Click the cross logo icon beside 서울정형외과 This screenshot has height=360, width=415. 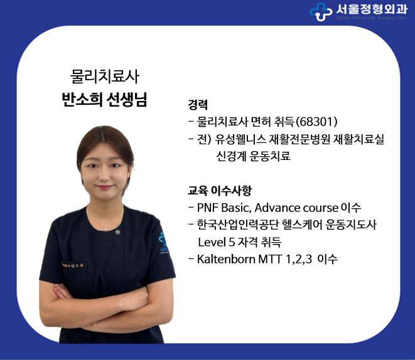pos(321,11)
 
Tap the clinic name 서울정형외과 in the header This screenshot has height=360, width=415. pos(372,9)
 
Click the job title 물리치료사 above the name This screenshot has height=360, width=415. pos(105,77)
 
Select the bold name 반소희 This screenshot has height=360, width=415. pos(82,100)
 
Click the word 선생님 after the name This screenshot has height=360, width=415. pos(127,100)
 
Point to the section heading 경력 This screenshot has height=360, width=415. pos(197,105)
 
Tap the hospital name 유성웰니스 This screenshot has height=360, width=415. pos(240,139)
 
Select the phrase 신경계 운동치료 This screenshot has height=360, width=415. pos(253,156)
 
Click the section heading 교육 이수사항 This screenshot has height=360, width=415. pos(220,190)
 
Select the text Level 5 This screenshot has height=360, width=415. pos(217,242)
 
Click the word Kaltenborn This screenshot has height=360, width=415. pos(226,259)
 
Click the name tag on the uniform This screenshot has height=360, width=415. pos(73,265)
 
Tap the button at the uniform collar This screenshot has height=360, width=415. pos(117,232)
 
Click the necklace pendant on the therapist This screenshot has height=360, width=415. pos(105,228)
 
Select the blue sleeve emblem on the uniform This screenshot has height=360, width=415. pos(164,243)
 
